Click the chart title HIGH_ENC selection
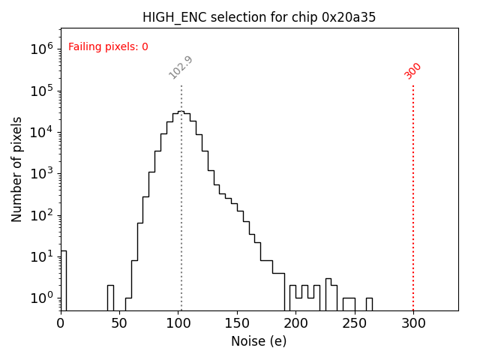259,17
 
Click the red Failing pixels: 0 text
108,47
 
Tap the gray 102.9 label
181,67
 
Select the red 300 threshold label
413,70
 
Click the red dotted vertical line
413,195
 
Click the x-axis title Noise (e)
259,341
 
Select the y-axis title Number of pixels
17,169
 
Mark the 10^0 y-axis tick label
41,298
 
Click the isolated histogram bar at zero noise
63,281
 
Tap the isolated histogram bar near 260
369,304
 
